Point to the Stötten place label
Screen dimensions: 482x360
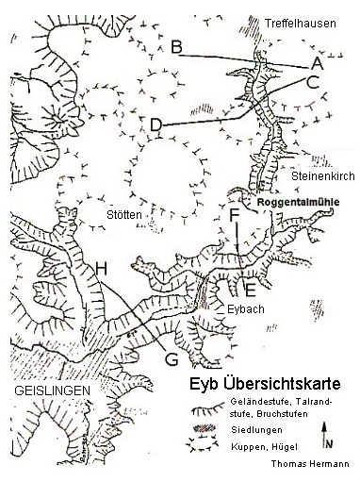click(123, 215)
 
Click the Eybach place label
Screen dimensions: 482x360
click(246, 308)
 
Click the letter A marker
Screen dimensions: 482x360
click(317, 63)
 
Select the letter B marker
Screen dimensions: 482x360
click(176, 47)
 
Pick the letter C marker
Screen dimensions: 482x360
click(314, 82)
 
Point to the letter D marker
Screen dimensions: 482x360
click(156, 124)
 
